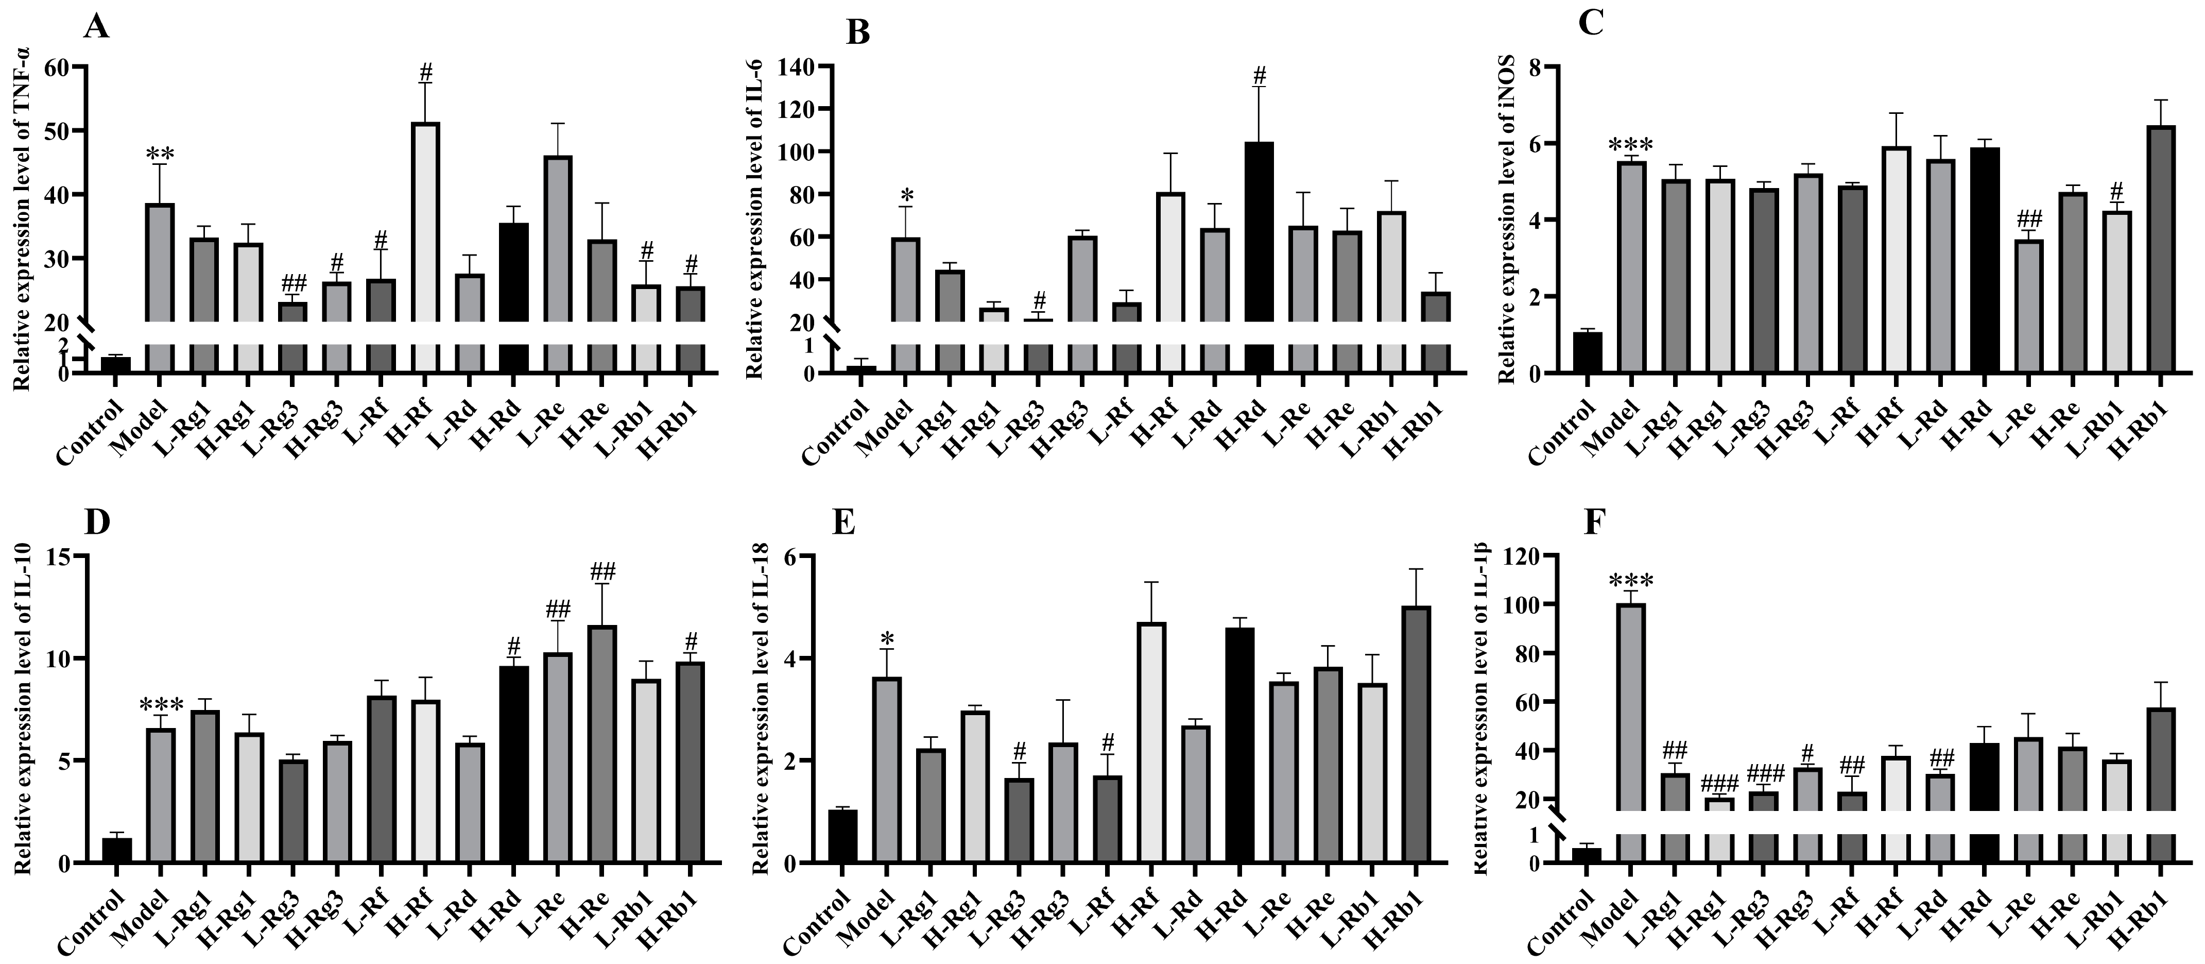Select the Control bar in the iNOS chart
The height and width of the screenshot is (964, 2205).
tap(1588, 353)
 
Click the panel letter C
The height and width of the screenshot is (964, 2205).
tap(1590, 24)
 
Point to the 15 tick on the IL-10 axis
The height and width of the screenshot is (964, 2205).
tap(58, 556)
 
